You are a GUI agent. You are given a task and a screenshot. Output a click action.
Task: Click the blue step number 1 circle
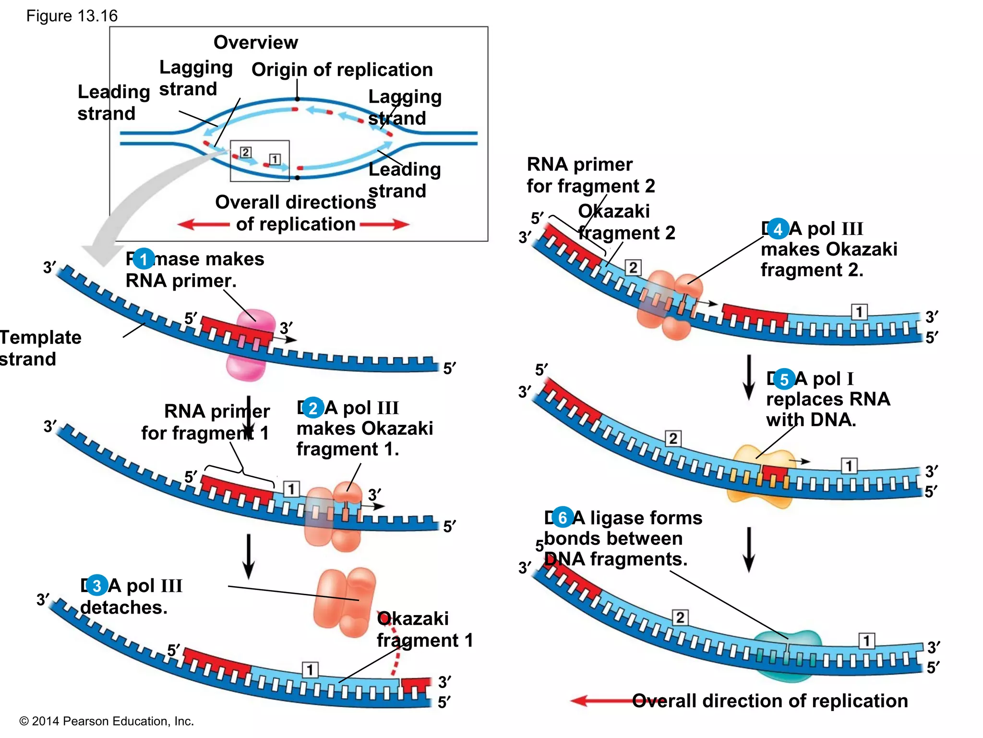pyautogui.click(x=143, y=259)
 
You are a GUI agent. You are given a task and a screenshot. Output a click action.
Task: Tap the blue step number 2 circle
pyautogui.click(x=313, y=408)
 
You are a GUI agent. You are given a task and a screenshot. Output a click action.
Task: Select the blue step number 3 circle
pyautogui.click(x=96, y=585)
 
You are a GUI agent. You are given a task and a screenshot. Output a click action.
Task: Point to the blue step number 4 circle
pyautogui.click(x=778, y=229)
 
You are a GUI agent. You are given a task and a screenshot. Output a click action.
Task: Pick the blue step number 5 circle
pyautogui.click(x=784, y=379)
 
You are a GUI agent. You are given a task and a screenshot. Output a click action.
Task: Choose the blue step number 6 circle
pyautogui.click(x=562, y=517)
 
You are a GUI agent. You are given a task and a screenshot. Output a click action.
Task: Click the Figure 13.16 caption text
pyautogui.click(x=72, y=16)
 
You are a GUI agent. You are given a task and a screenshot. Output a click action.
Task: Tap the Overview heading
pyautogui.click(x=255, y=42)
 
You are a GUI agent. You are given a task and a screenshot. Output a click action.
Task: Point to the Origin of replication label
pyautogui.click(x=342, y=70)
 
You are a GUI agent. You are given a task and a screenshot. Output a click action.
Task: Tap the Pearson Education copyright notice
pyautogui.click(x=106, y=721)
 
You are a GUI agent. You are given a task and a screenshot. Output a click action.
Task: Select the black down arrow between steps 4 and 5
pyautogui.click(x=748, y=378)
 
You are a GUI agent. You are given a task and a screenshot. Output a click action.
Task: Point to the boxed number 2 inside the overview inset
pyautogui.click(x=245, y=152)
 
